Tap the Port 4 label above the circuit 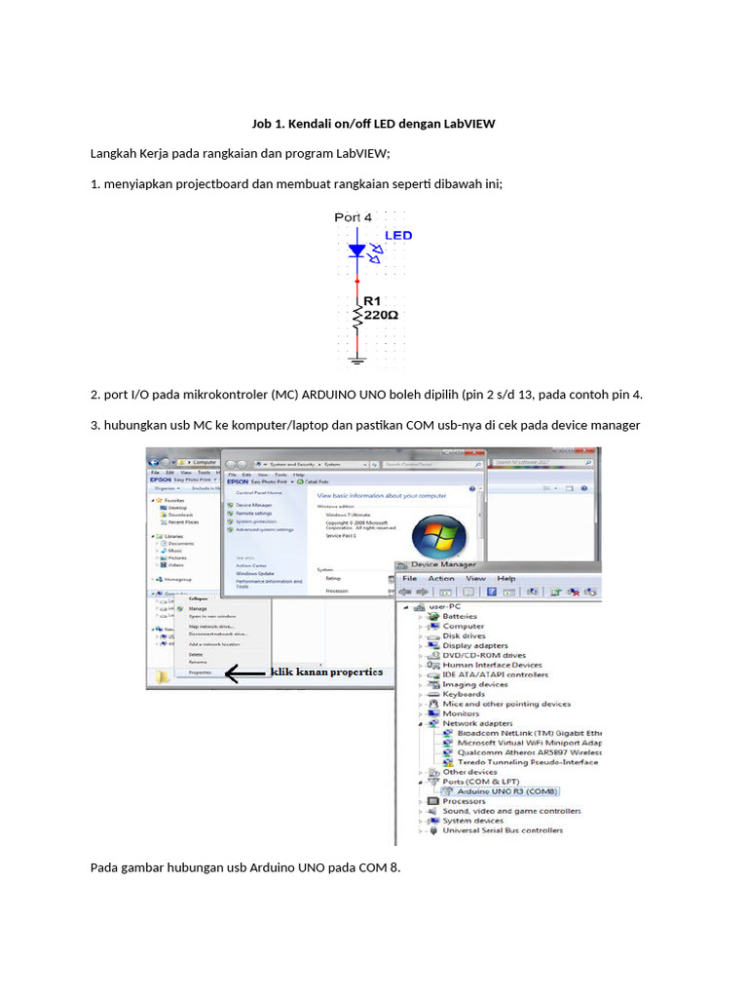353,217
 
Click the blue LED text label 398,235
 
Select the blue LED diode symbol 357,250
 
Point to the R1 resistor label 372,301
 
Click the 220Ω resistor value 380,316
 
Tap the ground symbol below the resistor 357,362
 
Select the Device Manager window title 444,564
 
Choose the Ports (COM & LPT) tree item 480,782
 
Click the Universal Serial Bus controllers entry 503,830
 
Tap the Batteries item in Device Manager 460,616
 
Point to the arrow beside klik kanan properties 244,672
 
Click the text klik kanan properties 326,672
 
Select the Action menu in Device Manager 441,578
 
